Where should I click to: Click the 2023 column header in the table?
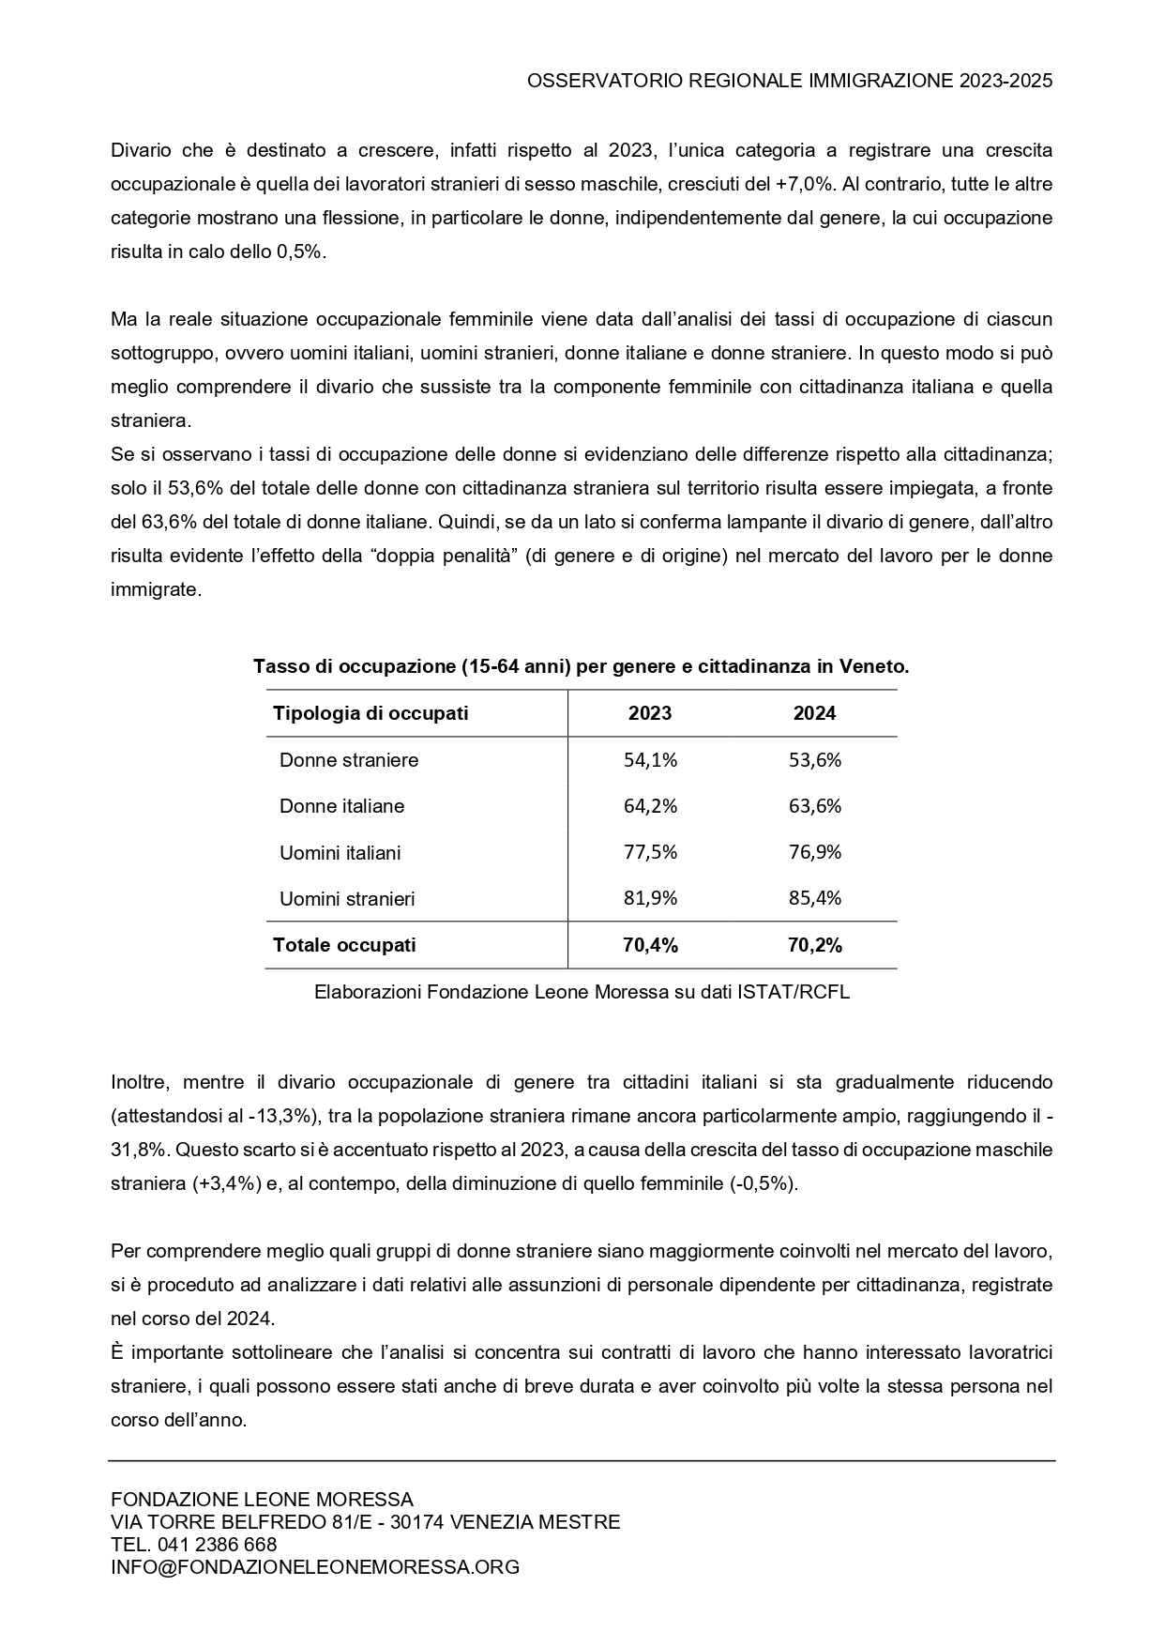(650, 713)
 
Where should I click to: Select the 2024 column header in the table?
(814, 713)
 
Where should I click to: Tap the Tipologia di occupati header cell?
(370, 713)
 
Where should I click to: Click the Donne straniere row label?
(349, 760)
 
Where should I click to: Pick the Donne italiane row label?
(342, 806)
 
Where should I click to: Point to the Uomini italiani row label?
(340, 853)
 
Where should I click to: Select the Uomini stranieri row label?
(347, 899)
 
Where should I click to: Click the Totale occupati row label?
(344, 945)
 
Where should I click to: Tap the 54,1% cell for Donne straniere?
(650, 760)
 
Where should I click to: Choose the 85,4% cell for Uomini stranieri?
(815, 898)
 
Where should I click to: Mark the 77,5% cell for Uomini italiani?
(650, 852)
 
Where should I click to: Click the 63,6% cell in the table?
(815, 806)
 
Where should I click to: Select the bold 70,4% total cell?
(650, 945)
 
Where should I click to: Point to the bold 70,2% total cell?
(815, 945)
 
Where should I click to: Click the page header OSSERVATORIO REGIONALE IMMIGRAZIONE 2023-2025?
(790, 81)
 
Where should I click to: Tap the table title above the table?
(582, 667)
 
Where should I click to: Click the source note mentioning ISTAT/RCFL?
(582, 992)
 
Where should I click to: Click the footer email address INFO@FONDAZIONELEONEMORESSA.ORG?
(315, 1567)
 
